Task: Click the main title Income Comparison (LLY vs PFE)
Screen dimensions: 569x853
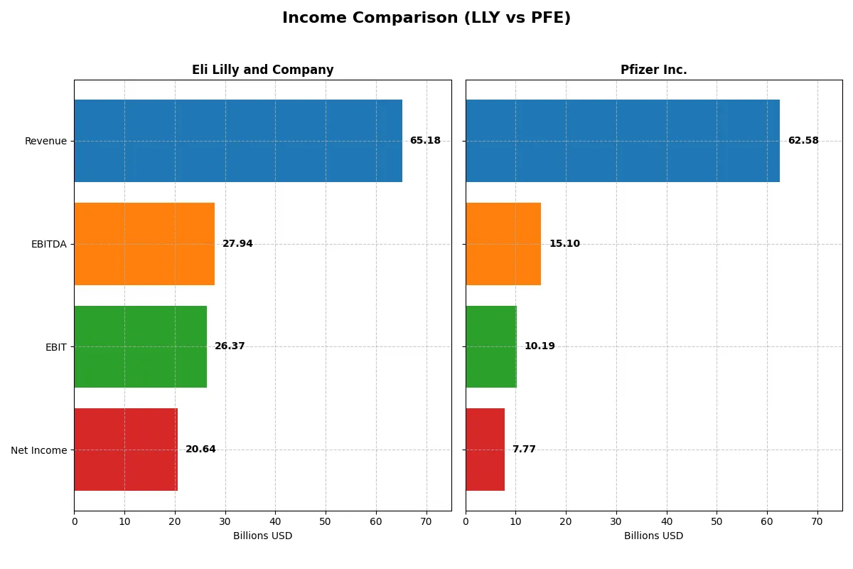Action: pyautogui.click(x=426, y=18)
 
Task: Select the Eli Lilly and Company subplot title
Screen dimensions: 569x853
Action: pyautogui.click(x=262, y=70)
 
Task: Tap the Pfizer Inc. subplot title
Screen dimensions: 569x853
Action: pyautogui.click(x=653, y=70)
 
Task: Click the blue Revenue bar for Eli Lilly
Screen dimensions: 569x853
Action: pyautogui.click(x=238, y=141)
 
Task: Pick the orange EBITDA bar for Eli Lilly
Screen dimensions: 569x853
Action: pyautogui.click(x=144, y=244)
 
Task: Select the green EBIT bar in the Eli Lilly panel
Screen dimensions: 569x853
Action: pyautogui.click(x=140, y=346)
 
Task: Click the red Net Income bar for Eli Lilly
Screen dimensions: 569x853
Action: pyautogui.click(x=126, y=450)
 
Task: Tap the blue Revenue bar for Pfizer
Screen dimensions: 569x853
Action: pyautogui.click(x=623, y=141)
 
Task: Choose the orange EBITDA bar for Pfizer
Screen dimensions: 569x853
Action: pyautogui.click(x=503, y=244)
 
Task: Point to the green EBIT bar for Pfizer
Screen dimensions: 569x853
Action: pyautogui.click(x=491, y=346)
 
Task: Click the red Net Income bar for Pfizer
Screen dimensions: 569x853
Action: pyautogui.click(x=485, y=450)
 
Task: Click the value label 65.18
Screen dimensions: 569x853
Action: pyautogui.click(x=425, y=141)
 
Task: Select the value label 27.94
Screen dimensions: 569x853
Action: pyautogui.click(x=237, y=244)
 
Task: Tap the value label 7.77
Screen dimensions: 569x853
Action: pyautogui.click(x=524, y=450)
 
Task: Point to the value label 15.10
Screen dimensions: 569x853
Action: pyautogui.click(x=564, y=244)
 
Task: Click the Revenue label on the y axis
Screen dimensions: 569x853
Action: pyautogui.click(x=45, y=141)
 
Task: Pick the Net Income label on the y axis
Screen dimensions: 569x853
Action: pyautogui.click(x=39, y=450)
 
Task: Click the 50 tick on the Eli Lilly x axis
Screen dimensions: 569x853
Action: pyautogui.click(x=326, y=521)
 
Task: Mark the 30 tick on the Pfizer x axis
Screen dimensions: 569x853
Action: pyautogui.click(x=616, y=521)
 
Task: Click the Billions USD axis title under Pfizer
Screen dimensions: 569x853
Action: pyautogui.click(x=653, y=536)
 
